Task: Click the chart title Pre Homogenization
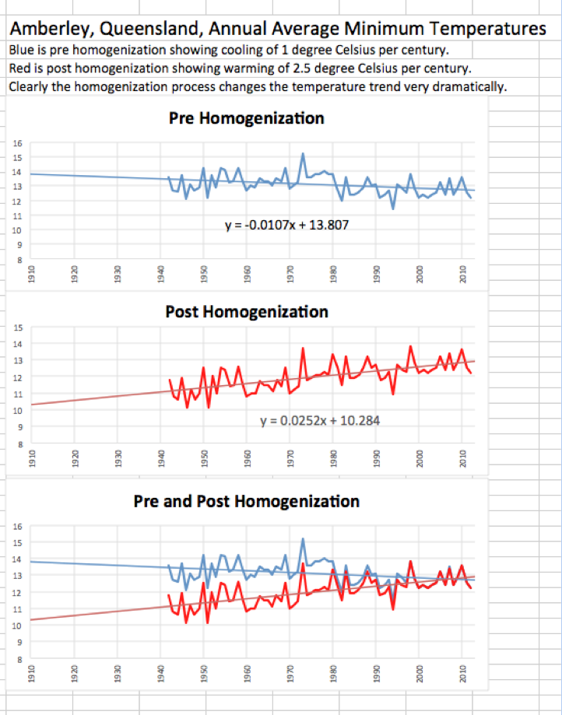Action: click(x=246, y=119)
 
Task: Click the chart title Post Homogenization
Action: click(x=247, y=312)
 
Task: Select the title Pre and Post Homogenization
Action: click(x=247, y=500)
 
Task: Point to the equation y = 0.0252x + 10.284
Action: click(x=320, y=420)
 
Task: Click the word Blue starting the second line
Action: click(x=21, y=51)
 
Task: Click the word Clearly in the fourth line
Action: click(x=29, y=86)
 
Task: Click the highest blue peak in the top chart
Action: click(x=302, y=153)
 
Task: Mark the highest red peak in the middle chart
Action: click(x=410, y=346)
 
